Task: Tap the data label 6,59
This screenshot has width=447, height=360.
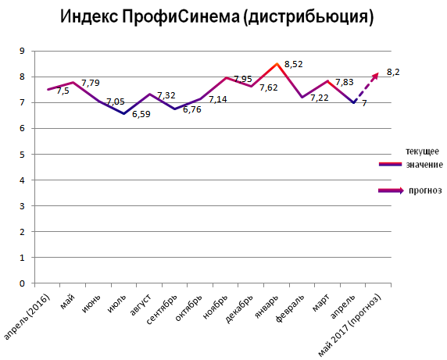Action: [141, 115]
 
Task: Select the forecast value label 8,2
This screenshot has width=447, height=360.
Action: [393, 73]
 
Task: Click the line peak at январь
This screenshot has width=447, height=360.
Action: [277, 64]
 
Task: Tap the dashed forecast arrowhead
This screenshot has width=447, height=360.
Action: [376, 74]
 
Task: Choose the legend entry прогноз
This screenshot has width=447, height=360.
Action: [424, 190]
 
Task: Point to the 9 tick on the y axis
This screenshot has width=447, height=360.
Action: [22, 52]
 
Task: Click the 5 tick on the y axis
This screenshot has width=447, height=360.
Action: [22, 155]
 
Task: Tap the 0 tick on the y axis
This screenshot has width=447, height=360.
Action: [22, 283]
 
